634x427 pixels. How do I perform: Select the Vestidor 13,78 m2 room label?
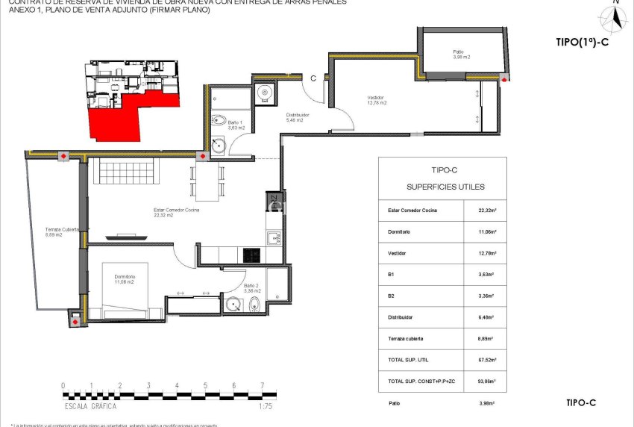(x=377, y=100)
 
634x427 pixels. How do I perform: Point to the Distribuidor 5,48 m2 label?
(x=298, y=117)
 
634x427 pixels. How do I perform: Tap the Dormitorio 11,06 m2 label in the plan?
(x=125, y=279)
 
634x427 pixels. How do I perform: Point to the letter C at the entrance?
(x=314, y=78)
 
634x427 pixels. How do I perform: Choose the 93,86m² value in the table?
(x=487, y=381)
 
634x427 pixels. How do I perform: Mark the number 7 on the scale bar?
(x=262, y=386)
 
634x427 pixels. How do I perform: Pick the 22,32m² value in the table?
(x=487, y=211)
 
